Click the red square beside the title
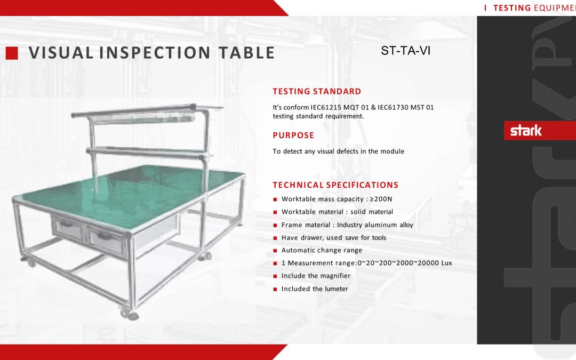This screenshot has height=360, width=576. (12, 53)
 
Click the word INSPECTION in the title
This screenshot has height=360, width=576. (155, 52)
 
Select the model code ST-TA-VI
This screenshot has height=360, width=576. (405, 50)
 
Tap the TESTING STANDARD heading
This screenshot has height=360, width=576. (317, 92)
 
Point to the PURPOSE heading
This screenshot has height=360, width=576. (293, 135)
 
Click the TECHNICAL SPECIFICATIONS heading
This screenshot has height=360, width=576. (335, 185)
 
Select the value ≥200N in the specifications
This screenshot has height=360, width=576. (381, 199)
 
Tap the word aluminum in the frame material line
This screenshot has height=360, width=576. (380, 225)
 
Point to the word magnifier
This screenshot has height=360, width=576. (335, 276)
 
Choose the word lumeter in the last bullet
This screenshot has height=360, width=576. (336, 289)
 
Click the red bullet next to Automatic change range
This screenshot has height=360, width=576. (275, 251)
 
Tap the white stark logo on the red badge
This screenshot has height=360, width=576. (526, 131)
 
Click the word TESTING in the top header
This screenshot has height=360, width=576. (511, 7)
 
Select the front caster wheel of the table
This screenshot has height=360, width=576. (130, 314)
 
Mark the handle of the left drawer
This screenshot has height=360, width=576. (67, 223)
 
